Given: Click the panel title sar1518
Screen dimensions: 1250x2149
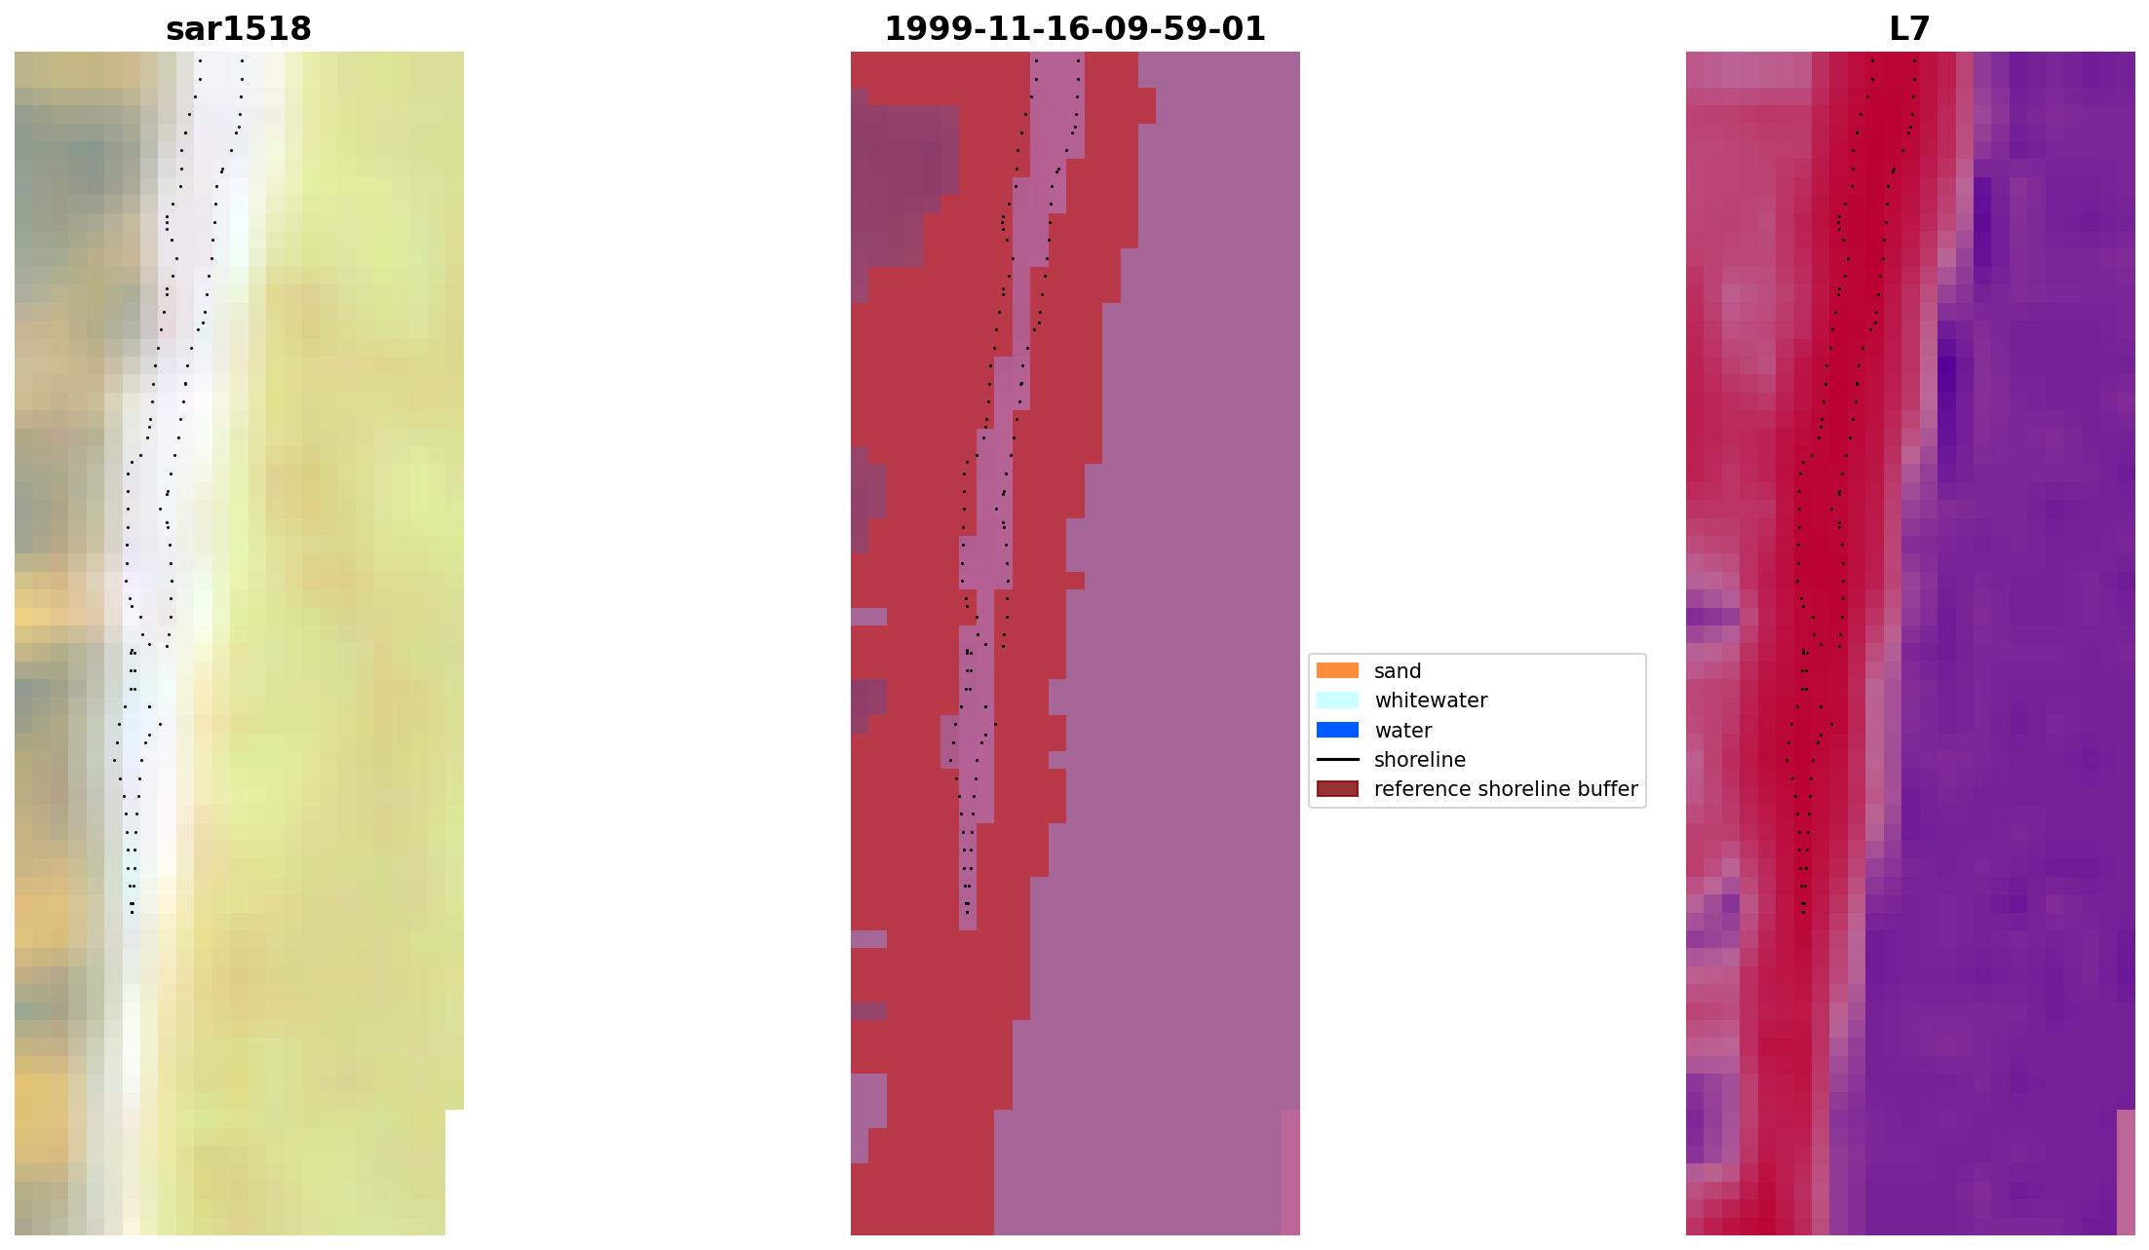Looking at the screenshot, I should tap(239, 29).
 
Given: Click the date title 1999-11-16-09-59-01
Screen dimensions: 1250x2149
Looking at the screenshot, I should tap(1074, 29).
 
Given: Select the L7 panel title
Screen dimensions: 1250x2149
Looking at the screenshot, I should tap(1909, 29).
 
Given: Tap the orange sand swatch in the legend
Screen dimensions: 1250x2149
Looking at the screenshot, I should tap(1337, 670).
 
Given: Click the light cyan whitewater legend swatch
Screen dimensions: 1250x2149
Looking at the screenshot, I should tap(1337, 700).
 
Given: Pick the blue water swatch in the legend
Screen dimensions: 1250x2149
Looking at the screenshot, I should tap(1337, 730).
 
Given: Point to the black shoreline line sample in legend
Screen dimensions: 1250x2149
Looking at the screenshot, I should tap(1337, 759).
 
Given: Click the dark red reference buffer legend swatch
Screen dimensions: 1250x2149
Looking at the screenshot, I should tap(1337, 788).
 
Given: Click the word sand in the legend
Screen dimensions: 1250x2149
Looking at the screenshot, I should tap(1398, 671).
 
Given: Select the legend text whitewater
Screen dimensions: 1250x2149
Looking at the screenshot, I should tap(1431, 701).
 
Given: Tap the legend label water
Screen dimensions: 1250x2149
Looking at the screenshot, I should tap(1402, 731).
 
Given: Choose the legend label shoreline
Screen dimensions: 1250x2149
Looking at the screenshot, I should tap(1419, 760).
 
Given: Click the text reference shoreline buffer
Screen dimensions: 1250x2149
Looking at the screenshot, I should tap(1506, 789).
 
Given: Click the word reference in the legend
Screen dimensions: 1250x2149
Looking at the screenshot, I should tap(1414, 789).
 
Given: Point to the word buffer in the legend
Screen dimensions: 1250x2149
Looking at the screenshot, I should tap(1608, 789).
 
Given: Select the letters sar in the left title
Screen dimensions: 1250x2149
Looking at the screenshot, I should tap(190, 29).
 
